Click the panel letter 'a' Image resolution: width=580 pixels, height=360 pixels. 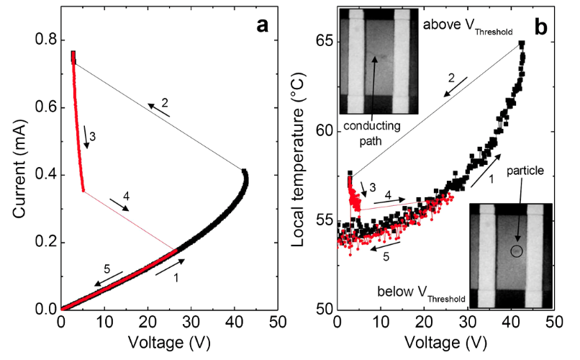click(262, 27)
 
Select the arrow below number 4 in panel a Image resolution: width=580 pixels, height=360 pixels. click(119, 204)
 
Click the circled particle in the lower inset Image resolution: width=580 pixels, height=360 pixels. click(516, 251)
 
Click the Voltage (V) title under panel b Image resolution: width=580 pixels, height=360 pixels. click(445, 341)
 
